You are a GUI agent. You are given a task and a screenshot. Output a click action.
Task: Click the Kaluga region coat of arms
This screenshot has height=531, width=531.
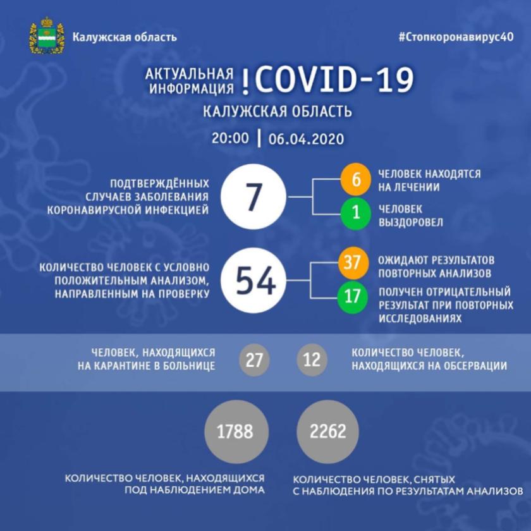click(47, 36)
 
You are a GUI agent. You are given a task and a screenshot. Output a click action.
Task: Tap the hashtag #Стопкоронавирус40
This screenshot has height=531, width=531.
click(456, 37)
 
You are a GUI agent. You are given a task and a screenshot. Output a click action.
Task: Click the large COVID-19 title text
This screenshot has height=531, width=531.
click(334, 79)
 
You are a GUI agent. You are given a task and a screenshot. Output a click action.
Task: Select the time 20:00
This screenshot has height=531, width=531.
click(230, 138)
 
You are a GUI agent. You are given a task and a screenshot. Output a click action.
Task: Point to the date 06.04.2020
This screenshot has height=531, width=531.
click(306, 139)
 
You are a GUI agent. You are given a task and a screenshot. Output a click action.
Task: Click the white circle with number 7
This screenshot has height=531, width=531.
click(253, 197)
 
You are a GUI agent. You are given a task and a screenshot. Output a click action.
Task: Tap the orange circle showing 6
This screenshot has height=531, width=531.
click(355, 180)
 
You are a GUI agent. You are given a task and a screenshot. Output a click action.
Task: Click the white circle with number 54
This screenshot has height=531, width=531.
click(254, 281)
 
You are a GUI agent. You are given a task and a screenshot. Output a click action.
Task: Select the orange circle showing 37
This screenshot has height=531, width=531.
click(353, 263)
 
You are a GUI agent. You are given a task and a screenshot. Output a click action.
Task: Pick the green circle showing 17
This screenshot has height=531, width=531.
click(353, 296)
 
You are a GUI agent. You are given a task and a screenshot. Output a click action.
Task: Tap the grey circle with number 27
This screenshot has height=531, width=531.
click(254, 360)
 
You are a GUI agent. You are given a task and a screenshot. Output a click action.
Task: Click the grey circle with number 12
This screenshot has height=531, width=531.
click(312, 360)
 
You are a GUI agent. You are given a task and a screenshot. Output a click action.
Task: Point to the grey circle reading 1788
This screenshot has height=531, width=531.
click(236, 431)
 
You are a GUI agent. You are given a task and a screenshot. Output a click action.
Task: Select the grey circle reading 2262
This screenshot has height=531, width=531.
click(327, 431)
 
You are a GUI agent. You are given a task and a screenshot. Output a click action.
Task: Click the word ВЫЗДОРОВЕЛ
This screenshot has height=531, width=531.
click(410, 223)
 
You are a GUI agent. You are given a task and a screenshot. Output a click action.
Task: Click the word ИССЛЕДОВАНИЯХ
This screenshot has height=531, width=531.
click(420, 319)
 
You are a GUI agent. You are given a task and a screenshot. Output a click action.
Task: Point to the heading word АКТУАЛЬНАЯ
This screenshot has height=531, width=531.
click(189, 73)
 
